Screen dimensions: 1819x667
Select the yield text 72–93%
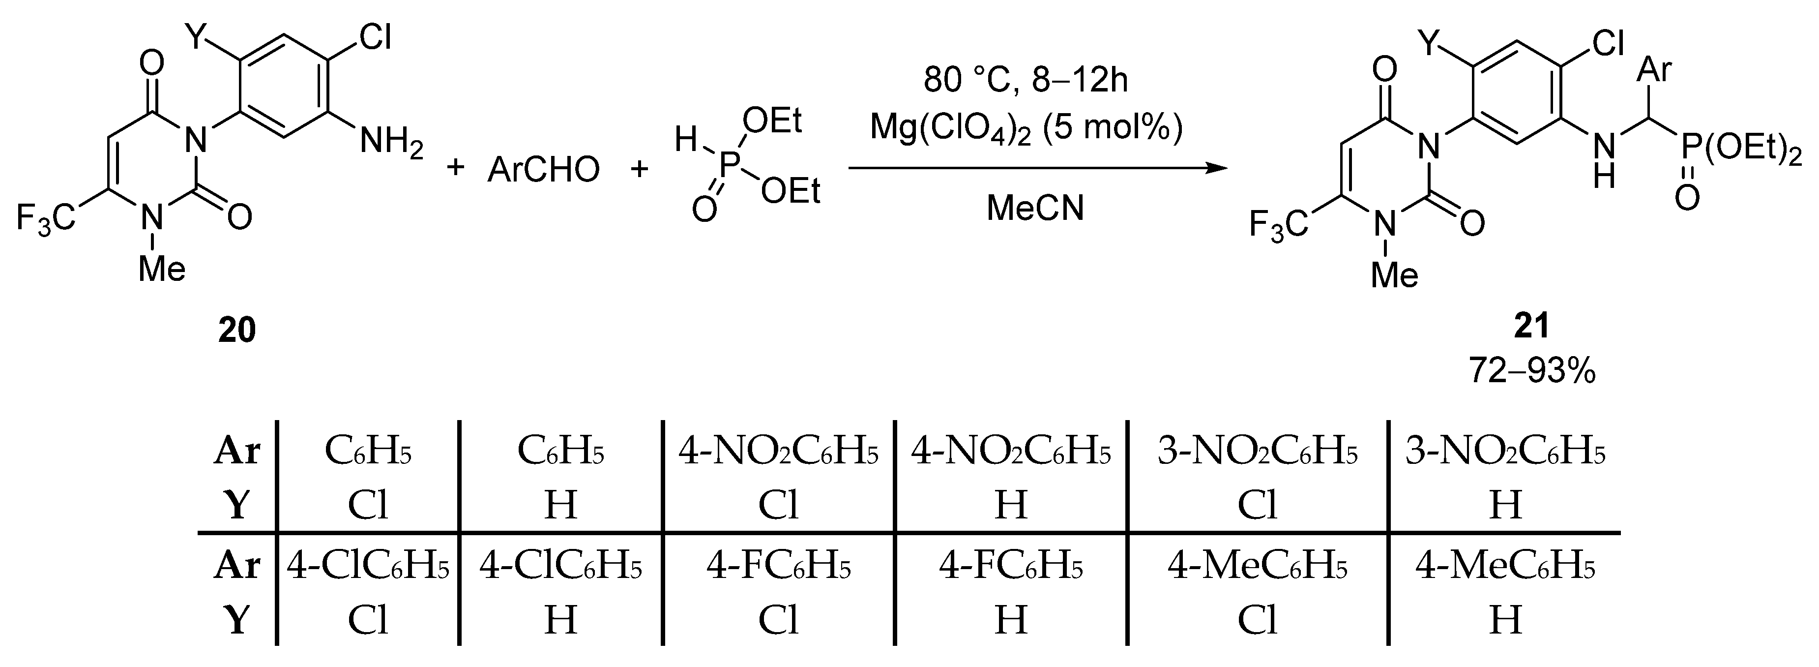pyautogui.click(x=1531, y=369)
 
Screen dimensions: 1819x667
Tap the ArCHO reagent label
pyautogui.click(x=543, y=170)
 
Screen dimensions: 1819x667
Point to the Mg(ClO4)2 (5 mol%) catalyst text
pyautogui.click(x=1026, y=127)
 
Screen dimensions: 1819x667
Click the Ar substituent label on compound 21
pyautogui.click(x=1654, y=71)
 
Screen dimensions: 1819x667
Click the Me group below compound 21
pyautogui.click(x=1395, y=275)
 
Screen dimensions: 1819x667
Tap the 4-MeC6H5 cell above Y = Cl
pyautogui.click(x=1258, y=567)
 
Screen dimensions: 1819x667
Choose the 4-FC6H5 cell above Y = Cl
pyautogui.click(x=779, y=567)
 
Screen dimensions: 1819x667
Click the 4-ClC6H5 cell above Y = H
pyautogui.click(x=560, y=567)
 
